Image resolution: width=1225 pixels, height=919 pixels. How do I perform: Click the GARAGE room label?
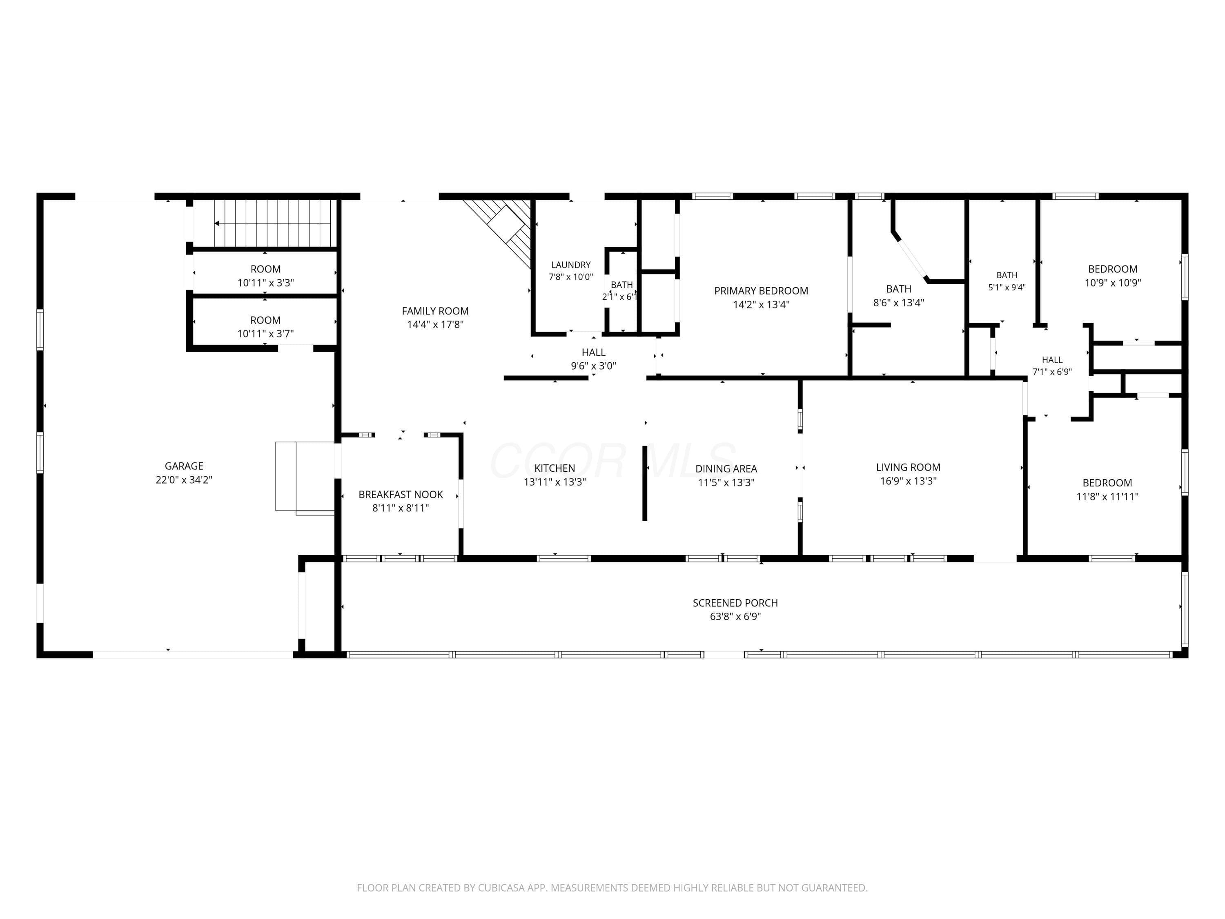[x=184, y=466]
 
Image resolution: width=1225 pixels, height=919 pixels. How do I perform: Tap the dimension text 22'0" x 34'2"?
[x=184, y=480]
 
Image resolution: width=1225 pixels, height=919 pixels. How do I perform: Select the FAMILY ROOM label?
[x=435, y=311]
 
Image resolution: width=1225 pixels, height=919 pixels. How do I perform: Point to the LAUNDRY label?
[x=571, y=265]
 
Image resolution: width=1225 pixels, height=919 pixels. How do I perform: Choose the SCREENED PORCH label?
[x=735, y=603]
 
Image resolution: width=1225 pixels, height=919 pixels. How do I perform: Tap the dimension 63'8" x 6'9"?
[x=735, y=616]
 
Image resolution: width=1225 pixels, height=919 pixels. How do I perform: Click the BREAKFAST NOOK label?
[x=401, y=494]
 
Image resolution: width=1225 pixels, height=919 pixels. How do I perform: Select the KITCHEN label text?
[x=555, y=468]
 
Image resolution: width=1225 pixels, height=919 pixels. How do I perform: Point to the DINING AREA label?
[x=726, y=468]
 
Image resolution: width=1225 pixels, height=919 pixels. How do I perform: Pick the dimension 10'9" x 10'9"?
[x=1113, y=283]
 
